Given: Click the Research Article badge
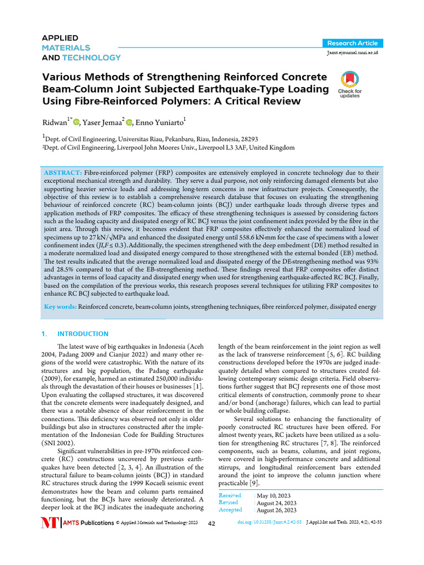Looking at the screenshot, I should click(x=352, y=43).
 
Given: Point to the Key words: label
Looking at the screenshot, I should click(x=60, y=306).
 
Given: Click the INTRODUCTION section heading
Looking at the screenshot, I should click(x=83, y=334).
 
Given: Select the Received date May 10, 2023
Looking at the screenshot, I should click(x=275, y=495).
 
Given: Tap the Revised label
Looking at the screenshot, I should click(x=229, y=503).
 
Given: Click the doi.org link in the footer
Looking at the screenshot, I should click(x=269, y=522).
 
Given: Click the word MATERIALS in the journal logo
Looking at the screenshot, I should click(x=66, y=47).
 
